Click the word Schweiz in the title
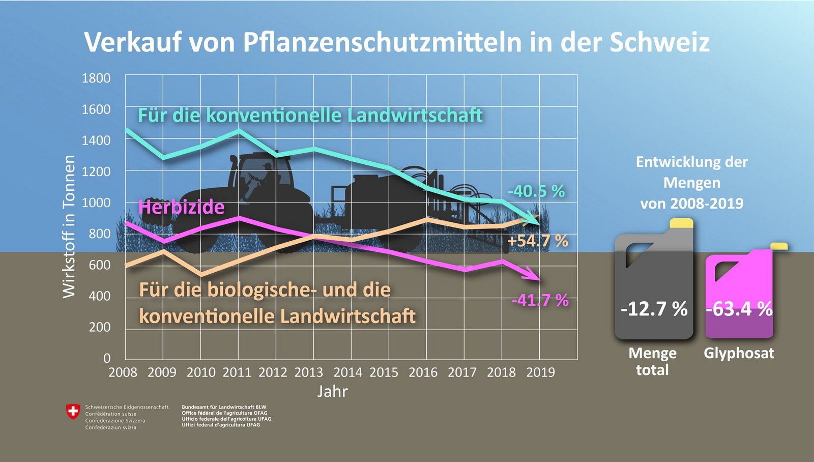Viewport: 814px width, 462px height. (x=660, y=42)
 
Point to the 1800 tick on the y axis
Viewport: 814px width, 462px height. (x=96, y=78)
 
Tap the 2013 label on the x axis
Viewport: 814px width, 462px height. (x=309, y=372)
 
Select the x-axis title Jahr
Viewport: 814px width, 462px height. (x=333, y=391)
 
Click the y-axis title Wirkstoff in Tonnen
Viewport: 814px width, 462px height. (x=69, y=226)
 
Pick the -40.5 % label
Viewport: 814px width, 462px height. (x=536, y=191)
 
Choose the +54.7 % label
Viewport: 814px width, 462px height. (x=538, y=241)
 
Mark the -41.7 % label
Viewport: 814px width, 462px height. (x=540, y=300)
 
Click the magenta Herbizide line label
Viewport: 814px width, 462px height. (x=181, y=207)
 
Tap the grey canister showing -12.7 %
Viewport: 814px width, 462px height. (x=654, y=285)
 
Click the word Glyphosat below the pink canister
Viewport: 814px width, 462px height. (x=739, y=353)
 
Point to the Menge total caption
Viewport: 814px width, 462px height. (x=653, y=361)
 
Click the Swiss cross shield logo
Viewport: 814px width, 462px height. (x=73, y=412)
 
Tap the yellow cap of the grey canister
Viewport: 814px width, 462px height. (x=681, y=223)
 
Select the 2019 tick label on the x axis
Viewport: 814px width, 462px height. (x=540, y=372)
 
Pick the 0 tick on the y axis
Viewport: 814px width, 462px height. (x=107, y=358)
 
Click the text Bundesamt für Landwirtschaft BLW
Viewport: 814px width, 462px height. (x=224, y=407)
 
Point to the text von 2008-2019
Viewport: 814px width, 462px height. (x=692, y=204)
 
